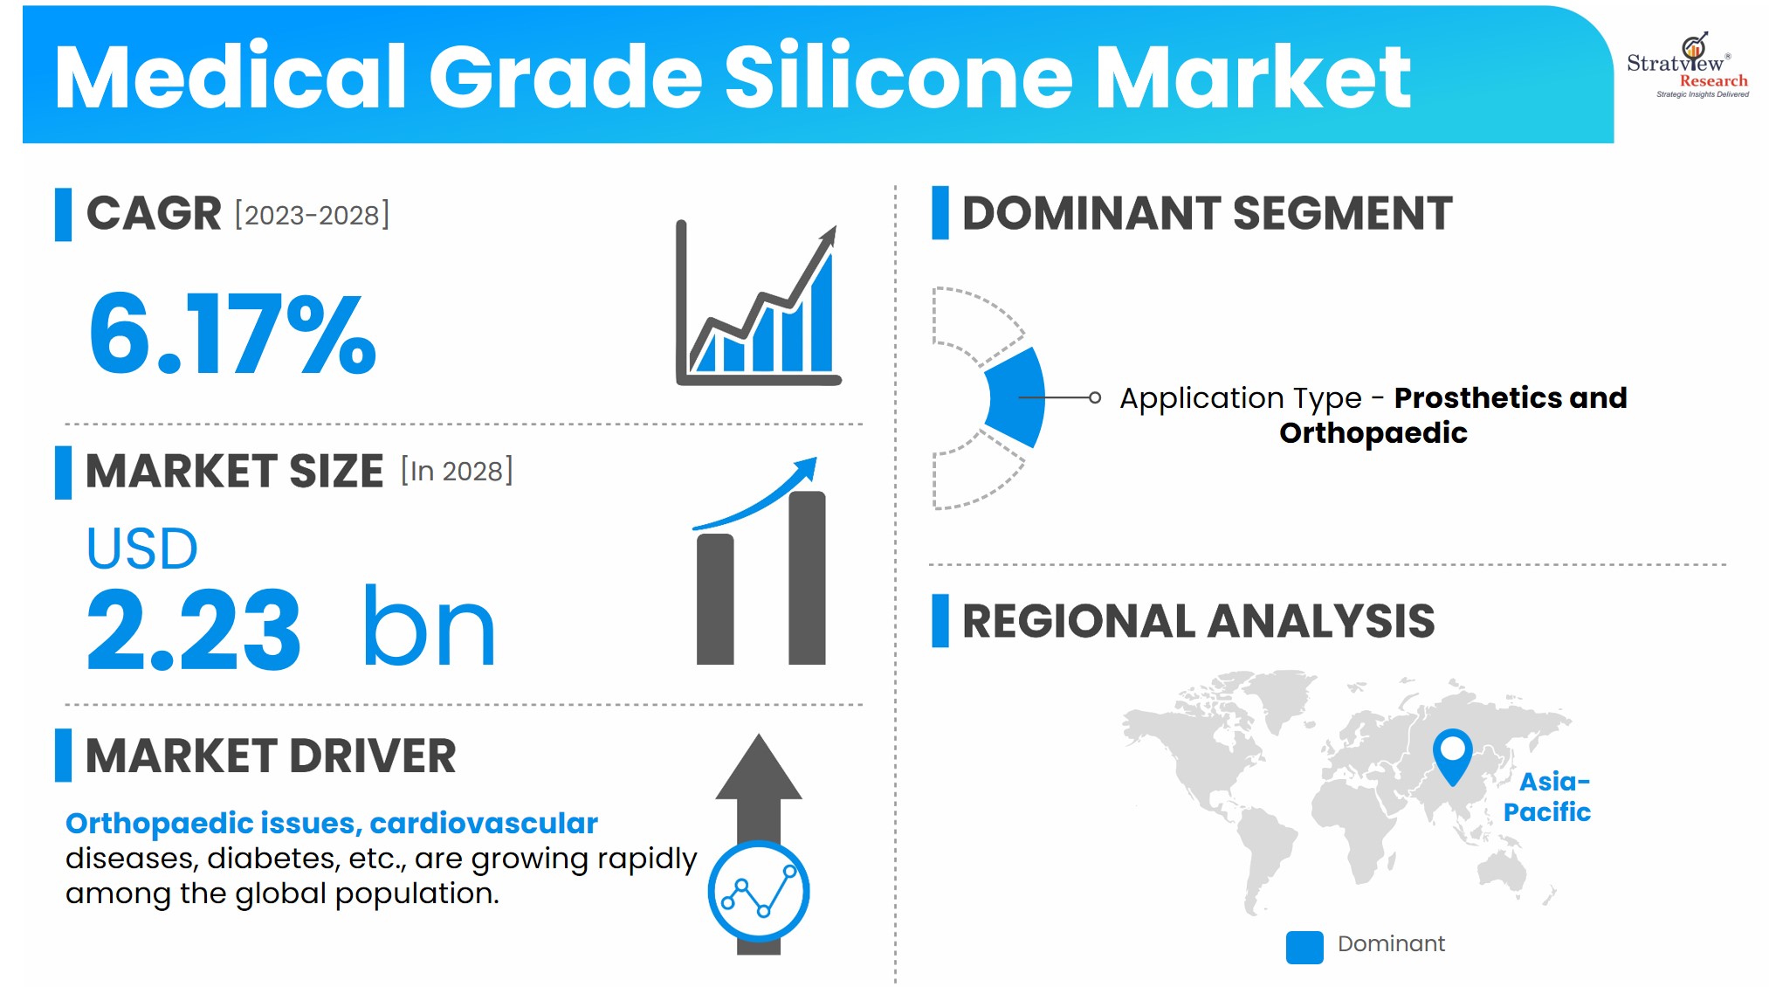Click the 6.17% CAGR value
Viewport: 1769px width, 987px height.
pyautogui.click(x=232, y=335)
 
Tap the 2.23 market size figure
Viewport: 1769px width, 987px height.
pyautogui.click(x=193, y=628)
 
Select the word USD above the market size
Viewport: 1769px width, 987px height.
pyautogui.click(x=141, y=549)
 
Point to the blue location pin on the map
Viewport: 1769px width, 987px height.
pyautogui.click(x=1452, y=756)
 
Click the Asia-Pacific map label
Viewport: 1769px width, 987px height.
pyautogui.click(x=1546, y=797)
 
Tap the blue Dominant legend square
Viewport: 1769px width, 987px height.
pyautogui.click(x=1304, y=947)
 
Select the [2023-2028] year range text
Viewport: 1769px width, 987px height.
pyautogui.click(x=312, y=215)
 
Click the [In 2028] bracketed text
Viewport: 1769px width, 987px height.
pyautogui.click(x=457, y=471)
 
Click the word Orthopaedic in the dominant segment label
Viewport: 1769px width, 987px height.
pyautogui.click(x=1373, y=433)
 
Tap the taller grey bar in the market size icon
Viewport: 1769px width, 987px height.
pyautogui.click(x=807, y=578)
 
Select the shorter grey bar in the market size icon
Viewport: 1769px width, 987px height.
pyautogui.click(x=715, y=599)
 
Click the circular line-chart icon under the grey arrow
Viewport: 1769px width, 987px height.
pyautogui.click(x=759, y=892)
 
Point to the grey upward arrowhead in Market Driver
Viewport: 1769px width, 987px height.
pyautogui.click(x=759, y=766)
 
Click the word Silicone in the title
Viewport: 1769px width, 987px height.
pyautogui.click(x=898, y=77)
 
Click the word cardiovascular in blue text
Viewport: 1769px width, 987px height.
pyautogui.click(x=484, y=824)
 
